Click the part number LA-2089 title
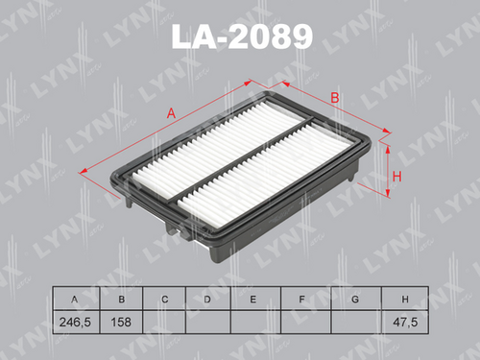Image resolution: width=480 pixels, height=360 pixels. (x=242, y=36)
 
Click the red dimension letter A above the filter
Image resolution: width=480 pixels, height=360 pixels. (x=171, y=113)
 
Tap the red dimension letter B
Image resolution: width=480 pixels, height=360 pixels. (x=335, y=98)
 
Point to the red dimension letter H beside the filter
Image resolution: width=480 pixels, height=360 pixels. (x=396, y=177)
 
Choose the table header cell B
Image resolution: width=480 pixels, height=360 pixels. (x=121, y=299)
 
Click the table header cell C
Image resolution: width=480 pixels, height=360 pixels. (x=164, y=299)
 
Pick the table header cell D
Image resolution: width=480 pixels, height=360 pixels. (x=208, y=299)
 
